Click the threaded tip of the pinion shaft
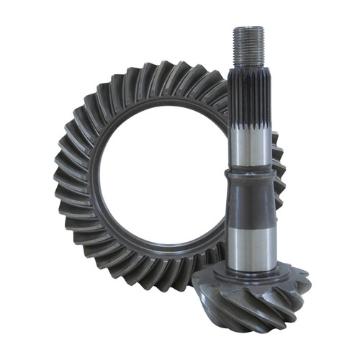pyautogui.click(x=248, y=45)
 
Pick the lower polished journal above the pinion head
pyautogui.click(x=248, y=241)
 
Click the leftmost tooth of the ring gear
pyautogui.click(x=60, y=180)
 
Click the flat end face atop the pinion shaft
pyautogui.click(x=248, y=28)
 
